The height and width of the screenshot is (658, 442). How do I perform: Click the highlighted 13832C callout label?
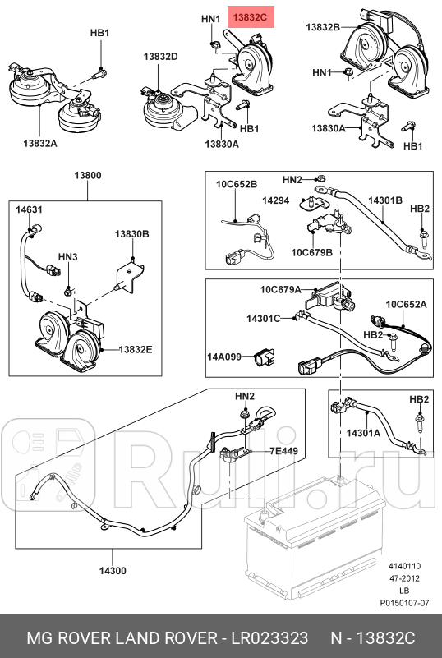coord(251,17)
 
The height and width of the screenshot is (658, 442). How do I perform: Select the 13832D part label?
coord(161,56)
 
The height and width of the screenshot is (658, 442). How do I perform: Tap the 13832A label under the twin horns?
coord(40,143)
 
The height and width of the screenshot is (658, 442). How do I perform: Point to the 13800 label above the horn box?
coord(88,175)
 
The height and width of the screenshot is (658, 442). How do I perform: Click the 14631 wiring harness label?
coord(29,209)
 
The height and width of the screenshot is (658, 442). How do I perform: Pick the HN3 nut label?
coord(67,257)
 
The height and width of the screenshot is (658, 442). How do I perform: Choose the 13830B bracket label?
coord(132,234)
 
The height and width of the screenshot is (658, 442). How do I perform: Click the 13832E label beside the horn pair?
coord(136,349)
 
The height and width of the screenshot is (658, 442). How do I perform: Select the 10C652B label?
coord(237,184)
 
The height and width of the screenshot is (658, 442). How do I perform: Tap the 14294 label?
coord(276,200)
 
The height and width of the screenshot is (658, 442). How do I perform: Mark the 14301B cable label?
coord(385,200)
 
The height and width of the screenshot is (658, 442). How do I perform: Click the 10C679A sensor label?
coord(280,289)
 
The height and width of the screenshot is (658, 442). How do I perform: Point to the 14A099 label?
coord(224,357)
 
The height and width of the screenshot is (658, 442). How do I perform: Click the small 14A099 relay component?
coord(263,358)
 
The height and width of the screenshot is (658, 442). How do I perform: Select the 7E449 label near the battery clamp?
coord(283,451)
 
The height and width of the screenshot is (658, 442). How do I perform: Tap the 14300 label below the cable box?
coord(113,571)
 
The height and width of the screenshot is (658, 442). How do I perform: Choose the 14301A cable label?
coord(363,433)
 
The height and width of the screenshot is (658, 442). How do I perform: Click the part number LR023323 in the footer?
coord(270,638)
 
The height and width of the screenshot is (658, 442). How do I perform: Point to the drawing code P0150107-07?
coord(405,603)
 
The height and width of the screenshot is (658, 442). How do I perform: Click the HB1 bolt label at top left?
coord(100,33)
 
